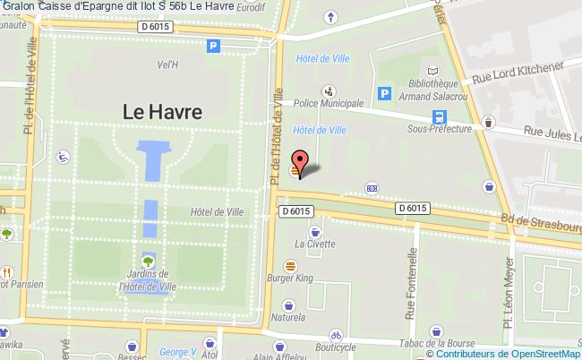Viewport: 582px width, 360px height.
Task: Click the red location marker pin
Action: (301, 161)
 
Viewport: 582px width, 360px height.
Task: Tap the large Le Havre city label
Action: (161, 112)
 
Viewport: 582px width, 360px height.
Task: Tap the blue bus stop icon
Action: (440, 116)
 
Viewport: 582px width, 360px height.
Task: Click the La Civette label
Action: (314, 243)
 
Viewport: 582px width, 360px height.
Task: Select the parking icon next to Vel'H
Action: (213, 47)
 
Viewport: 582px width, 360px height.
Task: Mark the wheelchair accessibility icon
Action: (64, 157)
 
